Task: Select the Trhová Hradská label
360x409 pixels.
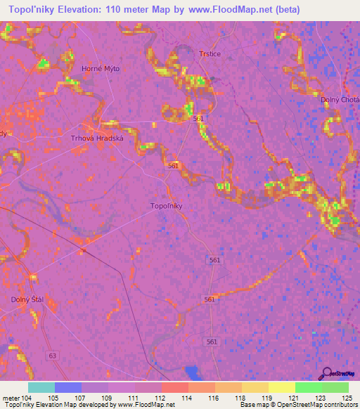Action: tap(97, 138)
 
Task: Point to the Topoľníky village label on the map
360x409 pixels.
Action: tap(167, 206)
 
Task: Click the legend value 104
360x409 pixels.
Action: tap(26, 397)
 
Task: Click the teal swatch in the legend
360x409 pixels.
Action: tap(41, 387)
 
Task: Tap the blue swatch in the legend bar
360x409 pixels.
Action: tap(68, 387)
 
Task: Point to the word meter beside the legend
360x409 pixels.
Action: tap(10, 397)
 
